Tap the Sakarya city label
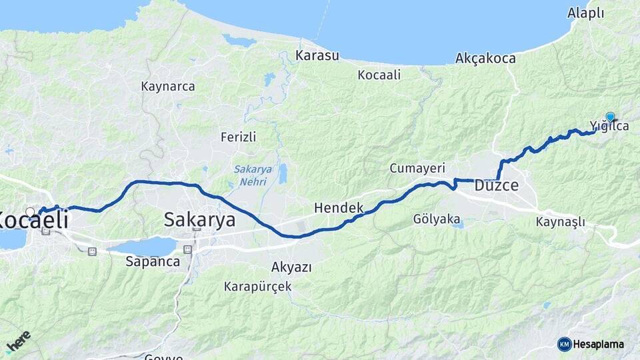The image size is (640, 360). click(x=199, y=219)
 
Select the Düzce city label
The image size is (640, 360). click(x=496, y=186)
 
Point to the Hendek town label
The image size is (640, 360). click(x=339, y=208)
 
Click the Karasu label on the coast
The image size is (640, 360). click(x=318, y=55)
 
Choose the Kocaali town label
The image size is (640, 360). click(x=379, y=75)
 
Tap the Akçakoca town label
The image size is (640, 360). click(x=485, y=59)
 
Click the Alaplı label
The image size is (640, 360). click(x=585, y=13)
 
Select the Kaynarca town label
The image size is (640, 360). click(x=168, y=86)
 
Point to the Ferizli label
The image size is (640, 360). click(x=238, y=137)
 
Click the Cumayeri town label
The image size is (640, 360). click(x=417, y=168)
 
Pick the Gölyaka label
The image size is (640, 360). click(x=437, y=219)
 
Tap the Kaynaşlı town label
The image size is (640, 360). click(x=560, y=221)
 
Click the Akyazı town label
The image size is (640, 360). click(x=291, y=267)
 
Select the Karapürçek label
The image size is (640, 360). click(x=257, y=287)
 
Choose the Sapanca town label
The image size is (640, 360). click(x=153, y=261)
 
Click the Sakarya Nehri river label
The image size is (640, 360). click(x=253, y=175)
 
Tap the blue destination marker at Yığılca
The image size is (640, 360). click(x=610, y=117)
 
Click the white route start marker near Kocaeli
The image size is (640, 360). click(x=30, y=212)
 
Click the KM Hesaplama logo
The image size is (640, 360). click(x=591, y=344)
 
